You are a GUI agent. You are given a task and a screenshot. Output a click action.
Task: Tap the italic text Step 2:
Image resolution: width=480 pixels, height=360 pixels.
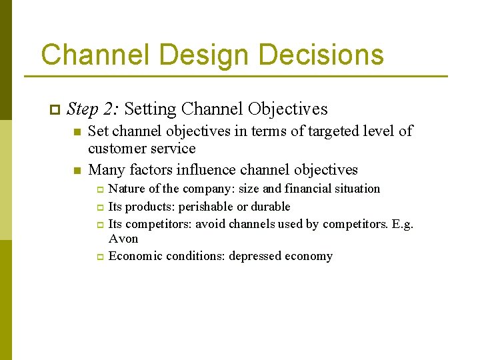pyautogui.click(x=93, y=109)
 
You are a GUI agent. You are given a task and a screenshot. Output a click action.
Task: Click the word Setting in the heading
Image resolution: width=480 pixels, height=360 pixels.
pyautogui.click(x=150, y=109)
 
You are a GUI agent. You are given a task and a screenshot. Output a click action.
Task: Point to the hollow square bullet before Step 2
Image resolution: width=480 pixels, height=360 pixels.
pyautogui.click(x=54, y=109)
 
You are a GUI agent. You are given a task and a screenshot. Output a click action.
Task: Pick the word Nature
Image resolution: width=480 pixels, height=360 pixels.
pyautogui.click(x=126, y=189)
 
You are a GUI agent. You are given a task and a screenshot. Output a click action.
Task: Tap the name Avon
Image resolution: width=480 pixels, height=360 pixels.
pyautogui.click(x=123, y=239)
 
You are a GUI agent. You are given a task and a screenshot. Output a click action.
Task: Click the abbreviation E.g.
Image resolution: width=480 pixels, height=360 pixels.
pyautogui.click(x=403, y=224)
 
